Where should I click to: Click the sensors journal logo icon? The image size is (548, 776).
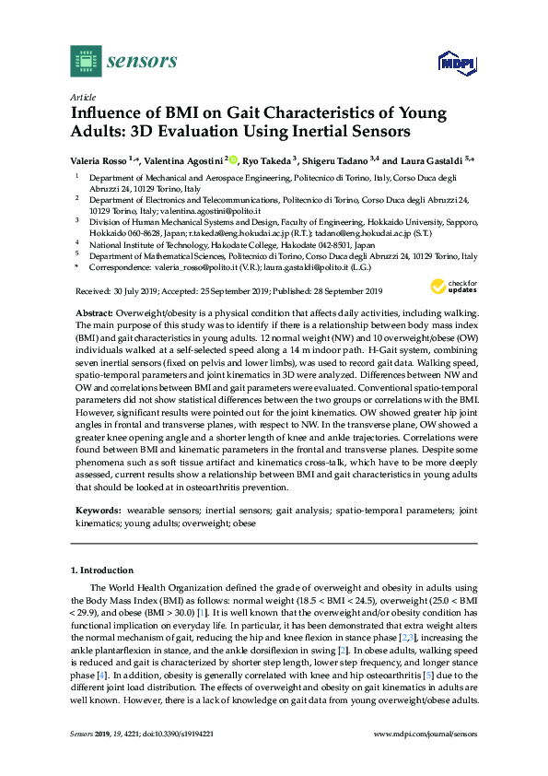pyautogui.click(x=85, y=62)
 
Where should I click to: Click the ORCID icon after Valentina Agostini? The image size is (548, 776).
pyautogui.click(x=233, y=159)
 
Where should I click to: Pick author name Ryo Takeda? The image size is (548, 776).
pyautogui.click(x=267, y=159)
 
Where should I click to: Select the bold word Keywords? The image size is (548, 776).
pyautogui.click(x=96, y=510)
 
